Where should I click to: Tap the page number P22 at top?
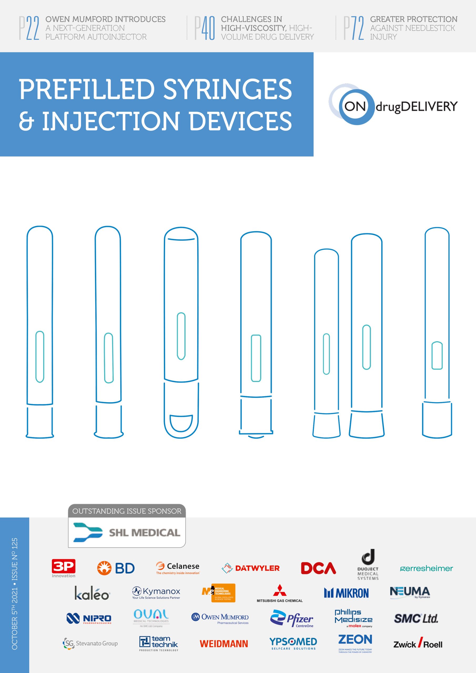click(x=29, y=28)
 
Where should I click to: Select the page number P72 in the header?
click(x=354, y=28)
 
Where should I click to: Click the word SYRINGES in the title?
click(x=227, y=89)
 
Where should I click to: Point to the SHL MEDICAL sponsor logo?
click(x=127, y=533)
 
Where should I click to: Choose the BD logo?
click(x=116, y=568)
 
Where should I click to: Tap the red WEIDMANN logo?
click(x=224, y=644)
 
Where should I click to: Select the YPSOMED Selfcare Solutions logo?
click(x=293, y=643)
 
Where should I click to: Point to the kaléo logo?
click(x=92, y=593)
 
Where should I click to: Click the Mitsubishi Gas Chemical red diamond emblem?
click(x=280, y=590)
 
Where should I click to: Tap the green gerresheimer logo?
click(x=427, y=569)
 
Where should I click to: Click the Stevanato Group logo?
click(x=90, y=643)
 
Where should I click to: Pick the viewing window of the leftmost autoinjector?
click(x=40, y=357)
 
